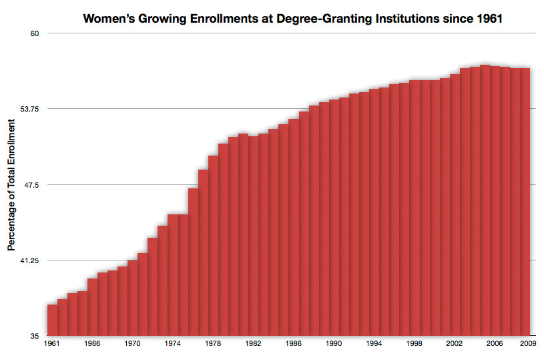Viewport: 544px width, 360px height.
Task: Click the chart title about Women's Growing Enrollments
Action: click(x=292, y=19)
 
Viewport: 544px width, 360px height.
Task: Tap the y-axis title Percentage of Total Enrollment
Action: click(x=11, y=182)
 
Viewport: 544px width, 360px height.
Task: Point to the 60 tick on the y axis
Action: click(x=33, y=33)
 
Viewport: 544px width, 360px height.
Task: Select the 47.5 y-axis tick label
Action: click(x=31, y=184)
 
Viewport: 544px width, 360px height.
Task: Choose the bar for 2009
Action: click(x=525, y=201)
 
